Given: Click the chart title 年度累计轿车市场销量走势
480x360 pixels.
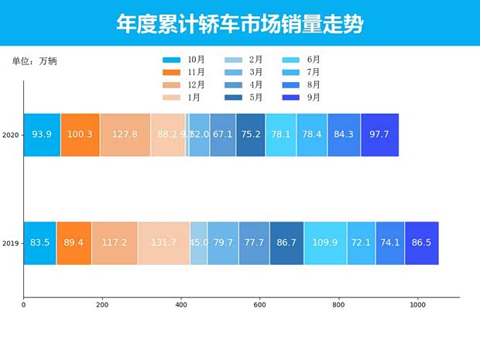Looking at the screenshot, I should tap(239, 24).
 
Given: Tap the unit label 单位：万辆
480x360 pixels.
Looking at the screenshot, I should tap(34, 60).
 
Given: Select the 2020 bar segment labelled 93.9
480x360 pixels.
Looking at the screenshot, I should tap(42, 135).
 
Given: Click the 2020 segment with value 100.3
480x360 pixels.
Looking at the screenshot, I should tap(80, 135).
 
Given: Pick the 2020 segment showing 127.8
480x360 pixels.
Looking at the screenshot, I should tap(125, 135).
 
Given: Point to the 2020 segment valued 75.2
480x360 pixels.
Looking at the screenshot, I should tap(250, 135).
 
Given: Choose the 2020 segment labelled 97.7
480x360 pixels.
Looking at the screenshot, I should tap(379, 135).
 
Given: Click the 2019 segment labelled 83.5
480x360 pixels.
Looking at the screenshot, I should tap(39, 243).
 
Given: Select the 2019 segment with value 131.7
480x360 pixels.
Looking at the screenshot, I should tap(163, 243).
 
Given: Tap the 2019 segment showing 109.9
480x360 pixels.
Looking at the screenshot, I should tap(325, 243).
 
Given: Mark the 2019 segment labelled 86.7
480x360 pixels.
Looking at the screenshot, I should tap(286, 243).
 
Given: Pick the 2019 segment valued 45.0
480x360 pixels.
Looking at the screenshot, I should tap(199, 243).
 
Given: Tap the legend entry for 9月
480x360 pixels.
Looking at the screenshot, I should tap(303, 98).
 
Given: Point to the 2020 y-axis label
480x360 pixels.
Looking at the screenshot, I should tap(11, 135).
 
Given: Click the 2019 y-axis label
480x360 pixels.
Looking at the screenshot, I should tap(11, 244).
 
